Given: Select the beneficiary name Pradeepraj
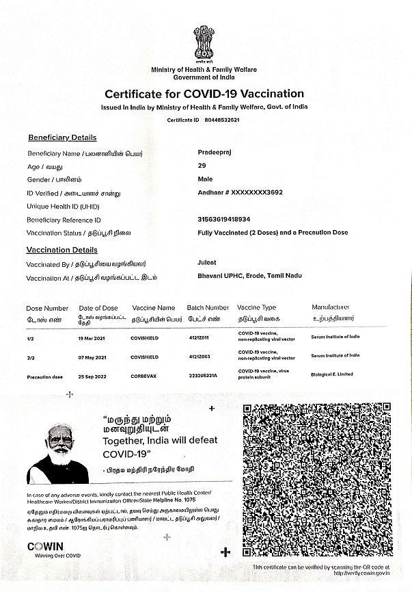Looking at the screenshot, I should [214, 153].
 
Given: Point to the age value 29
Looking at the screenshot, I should [201, 166].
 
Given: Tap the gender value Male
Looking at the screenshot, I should [204, 179].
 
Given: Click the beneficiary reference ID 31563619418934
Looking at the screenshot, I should [223, 219].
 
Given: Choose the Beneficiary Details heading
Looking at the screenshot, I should [62, 138].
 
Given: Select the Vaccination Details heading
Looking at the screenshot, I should [61, 250].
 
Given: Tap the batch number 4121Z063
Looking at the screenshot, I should [200, 357].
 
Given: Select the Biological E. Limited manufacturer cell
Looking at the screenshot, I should [332, 374].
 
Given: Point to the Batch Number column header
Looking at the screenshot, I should [208, 308].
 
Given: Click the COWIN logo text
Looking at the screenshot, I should [45, 546].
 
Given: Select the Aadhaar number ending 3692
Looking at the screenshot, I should [240, 193].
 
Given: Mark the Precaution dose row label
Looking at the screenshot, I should [45, 377].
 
